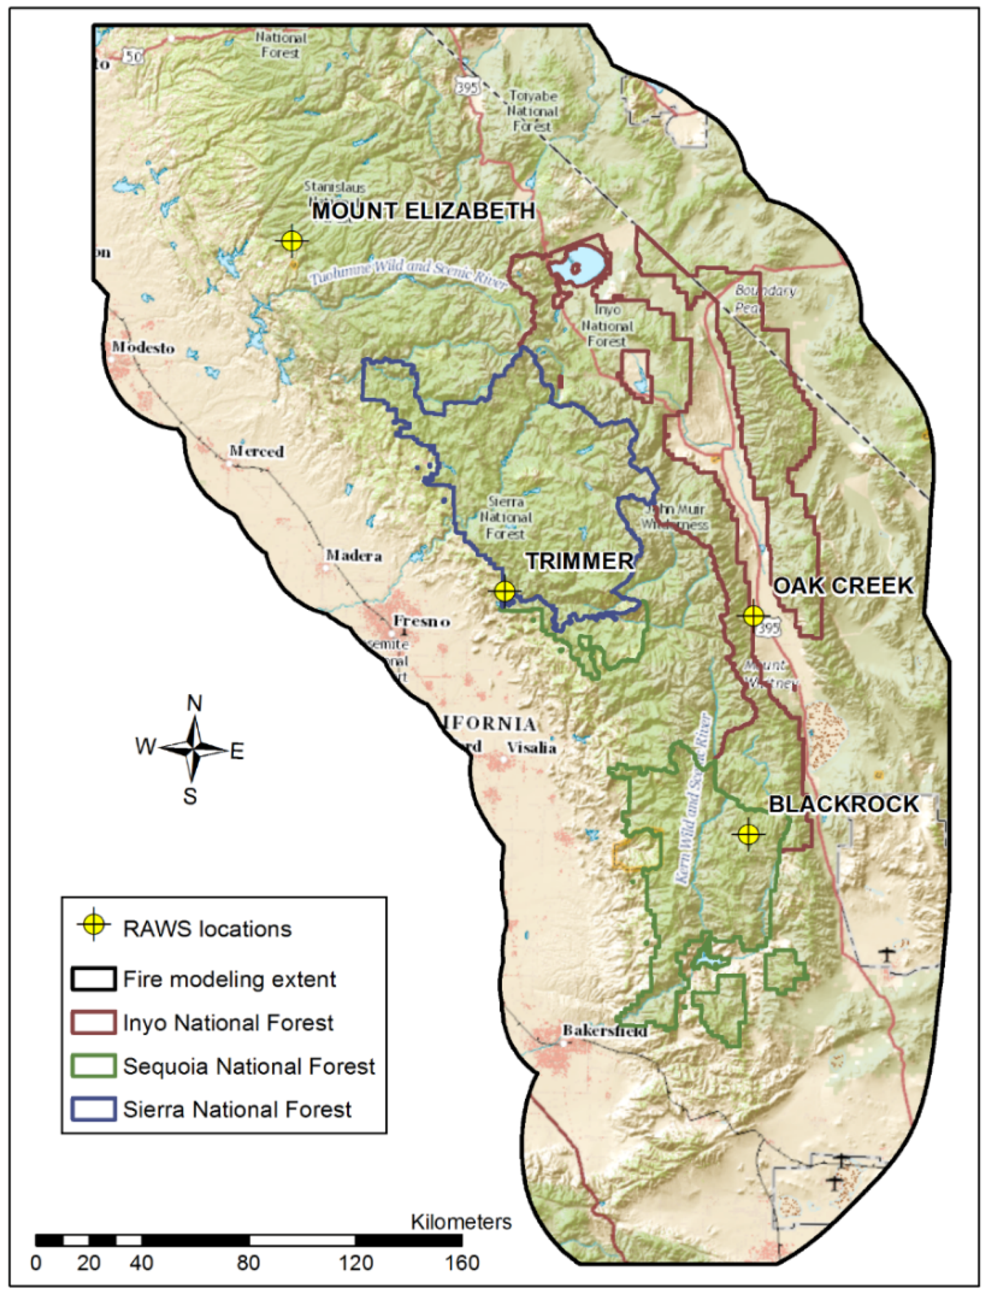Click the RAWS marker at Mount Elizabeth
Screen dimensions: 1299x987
[292, 240]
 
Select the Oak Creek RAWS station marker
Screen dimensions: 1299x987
[753, 615]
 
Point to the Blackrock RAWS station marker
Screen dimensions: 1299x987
[748, 833]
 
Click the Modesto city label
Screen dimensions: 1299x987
[145, 348]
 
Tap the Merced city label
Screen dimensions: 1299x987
[257, 451]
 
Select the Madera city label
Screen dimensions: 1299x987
[354, 555]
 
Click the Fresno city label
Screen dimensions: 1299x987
[422, 621]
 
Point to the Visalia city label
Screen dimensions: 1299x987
[532, 748]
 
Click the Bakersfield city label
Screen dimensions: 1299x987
[605, 1031]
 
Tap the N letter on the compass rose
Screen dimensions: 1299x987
[194, 704]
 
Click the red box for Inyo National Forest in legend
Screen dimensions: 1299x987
[93, 1023]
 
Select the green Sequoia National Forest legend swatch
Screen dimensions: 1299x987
[93, 1066]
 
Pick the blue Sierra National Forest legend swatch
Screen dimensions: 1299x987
[93, 1109]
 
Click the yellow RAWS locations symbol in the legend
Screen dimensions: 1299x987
[94, 925]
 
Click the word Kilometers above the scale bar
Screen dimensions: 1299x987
[461, 1222]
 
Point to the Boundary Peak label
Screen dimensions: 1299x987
[766, 299]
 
